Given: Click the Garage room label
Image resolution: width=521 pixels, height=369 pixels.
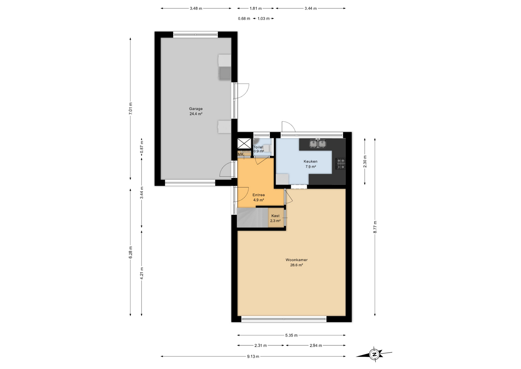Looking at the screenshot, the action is (x=196, y=109).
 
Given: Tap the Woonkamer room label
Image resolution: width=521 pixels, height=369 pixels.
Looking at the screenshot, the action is (x=296, y=260).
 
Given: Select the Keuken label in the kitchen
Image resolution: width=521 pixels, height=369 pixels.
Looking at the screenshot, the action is (x=310, y=161).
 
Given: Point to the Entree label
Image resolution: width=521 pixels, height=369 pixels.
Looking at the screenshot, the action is (x=259, y=195).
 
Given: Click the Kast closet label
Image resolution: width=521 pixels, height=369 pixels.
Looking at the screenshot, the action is (x=275, y=216).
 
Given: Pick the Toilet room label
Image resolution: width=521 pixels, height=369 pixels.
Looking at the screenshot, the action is (x=258, y=147).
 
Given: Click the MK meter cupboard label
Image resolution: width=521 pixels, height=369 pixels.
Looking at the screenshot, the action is (x=241, y=154).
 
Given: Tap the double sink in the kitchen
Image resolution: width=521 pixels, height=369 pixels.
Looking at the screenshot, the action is (x=318, y=143).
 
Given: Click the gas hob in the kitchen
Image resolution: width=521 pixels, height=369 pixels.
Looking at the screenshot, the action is (x=341, y=164).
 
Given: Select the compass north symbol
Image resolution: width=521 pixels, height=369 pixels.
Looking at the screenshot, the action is (x=374, y=354).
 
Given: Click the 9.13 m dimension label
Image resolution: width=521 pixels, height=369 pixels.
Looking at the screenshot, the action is (x=253, y=357).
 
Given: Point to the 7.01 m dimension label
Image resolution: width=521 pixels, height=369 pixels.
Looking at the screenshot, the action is (x=131, y=108).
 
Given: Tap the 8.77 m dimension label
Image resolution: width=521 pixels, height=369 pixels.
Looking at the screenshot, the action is (x=375, y=227).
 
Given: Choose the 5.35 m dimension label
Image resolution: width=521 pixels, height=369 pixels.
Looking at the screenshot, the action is (x=291, y=335).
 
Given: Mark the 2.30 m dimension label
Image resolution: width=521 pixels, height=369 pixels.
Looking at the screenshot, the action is (x=365, y=161).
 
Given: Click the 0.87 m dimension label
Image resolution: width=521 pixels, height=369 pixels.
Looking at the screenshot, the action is (x=142, y=148).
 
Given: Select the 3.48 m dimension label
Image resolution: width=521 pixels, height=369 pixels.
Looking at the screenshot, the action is (x=196, y=8).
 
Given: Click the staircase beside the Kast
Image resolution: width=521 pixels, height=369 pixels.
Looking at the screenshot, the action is (x=252, y=217).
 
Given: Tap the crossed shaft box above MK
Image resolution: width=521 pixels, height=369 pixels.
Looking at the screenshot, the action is (x=244, y=143).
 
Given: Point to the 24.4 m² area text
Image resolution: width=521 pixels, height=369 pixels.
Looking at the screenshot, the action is (x=196, y=114).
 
